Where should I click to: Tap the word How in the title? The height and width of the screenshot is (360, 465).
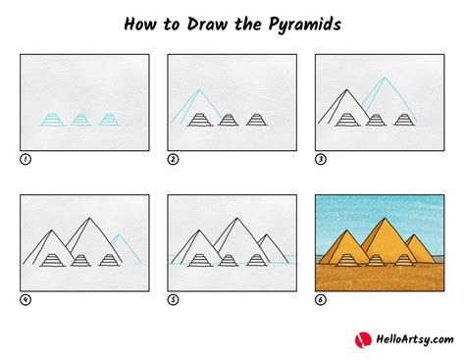click(x=143, y=23)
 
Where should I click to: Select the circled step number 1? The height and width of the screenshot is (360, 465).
click(x=25, y=159)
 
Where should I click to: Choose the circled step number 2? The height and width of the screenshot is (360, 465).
click(x=173, y=159)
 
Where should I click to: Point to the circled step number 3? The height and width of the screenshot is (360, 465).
click(x=320, y=159)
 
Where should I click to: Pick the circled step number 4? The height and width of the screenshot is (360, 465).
click(x=25, y=300)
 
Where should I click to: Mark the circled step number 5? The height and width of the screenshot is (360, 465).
click(x=173, y=300)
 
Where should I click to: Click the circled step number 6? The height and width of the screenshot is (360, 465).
click(x=320, y=300)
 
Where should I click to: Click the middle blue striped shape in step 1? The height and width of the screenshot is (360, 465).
click(x=80, y=120)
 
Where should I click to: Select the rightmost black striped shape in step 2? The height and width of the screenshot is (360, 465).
click(x=256, y=120)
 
